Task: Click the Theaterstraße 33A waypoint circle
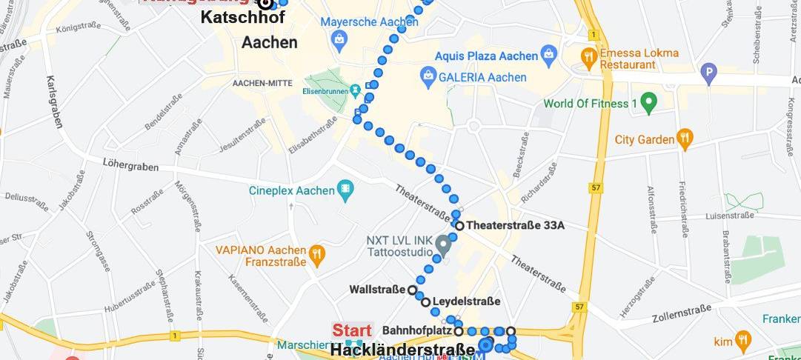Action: pos(459,226)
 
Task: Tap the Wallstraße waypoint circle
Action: pos(412,289)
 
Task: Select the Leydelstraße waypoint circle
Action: pos(425,301)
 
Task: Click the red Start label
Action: pos(351,330)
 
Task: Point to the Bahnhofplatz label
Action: pos(417,330)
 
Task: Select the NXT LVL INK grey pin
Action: pos(443,244)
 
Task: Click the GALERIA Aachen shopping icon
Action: pos(428,76)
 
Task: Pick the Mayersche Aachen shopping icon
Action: pos(338,39)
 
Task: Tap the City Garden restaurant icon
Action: pos(685,138)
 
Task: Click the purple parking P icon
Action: pos(710,73)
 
